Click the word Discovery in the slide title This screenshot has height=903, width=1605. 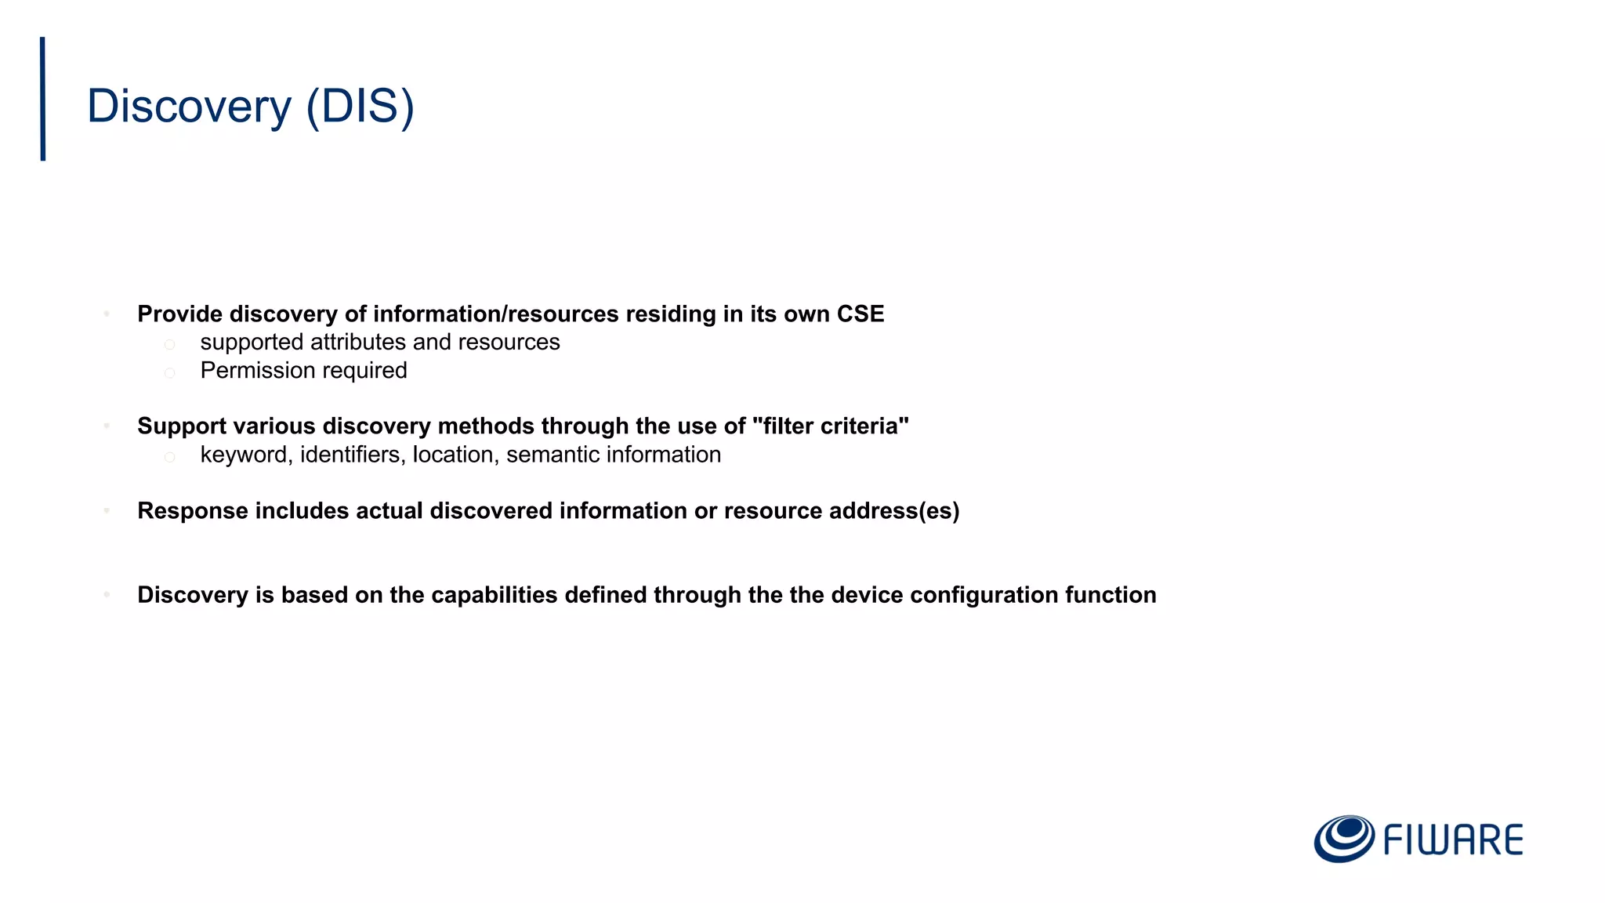pos(189,107)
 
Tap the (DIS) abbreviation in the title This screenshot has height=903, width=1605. pos(360,107)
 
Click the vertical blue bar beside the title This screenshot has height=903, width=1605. pos(43,99)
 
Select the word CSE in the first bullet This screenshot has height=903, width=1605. pos(860,314)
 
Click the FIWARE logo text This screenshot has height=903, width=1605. pos(1453,840)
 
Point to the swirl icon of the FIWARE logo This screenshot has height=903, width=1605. pos(1344,838)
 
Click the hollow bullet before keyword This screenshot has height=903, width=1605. pos(169,456)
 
